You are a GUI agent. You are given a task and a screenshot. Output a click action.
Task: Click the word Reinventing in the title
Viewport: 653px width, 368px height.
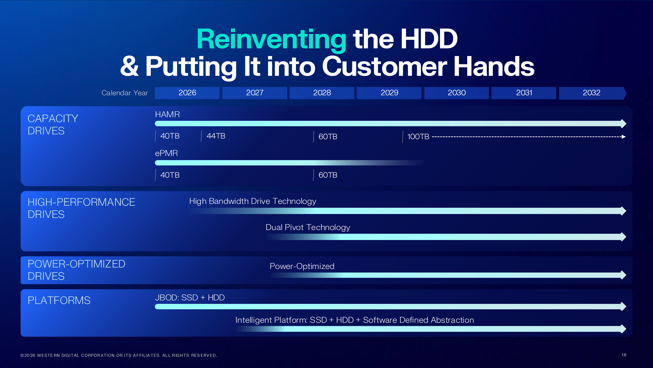(271, 40)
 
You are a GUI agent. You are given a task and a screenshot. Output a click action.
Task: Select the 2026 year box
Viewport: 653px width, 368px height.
(187, 93)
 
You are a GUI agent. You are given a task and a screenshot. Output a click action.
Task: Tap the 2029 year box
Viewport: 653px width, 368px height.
(389, 93)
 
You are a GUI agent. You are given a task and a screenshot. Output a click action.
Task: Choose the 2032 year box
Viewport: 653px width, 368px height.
(591, 93)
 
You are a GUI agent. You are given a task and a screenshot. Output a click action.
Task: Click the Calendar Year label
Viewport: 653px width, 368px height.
(124, 93)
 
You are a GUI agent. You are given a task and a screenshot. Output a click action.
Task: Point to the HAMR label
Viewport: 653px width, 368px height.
(167, 114)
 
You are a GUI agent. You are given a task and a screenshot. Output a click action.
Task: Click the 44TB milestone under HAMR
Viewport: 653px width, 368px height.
(216, 136)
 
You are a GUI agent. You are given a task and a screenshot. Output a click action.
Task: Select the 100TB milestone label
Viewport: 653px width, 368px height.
(418, 137)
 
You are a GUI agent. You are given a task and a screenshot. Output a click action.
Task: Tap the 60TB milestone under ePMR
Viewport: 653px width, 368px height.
(328, 175)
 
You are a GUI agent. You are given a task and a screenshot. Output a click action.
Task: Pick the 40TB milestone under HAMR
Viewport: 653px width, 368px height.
(170, 136)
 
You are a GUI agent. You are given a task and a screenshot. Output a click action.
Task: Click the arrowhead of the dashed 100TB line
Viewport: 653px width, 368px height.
(624, 137)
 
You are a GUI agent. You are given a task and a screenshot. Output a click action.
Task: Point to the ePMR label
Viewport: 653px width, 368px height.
(166, 153)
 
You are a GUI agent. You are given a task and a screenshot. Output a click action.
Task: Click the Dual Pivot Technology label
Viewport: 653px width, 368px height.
(308, 227)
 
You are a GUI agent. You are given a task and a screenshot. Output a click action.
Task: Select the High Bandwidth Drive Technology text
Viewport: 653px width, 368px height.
(253, 201)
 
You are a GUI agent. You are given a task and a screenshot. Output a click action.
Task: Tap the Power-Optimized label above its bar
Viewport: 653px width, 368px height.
(302, 266)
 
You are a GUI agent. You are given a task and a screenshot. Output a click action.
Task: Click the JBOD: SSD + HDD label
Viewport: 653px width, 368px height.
(190, 298)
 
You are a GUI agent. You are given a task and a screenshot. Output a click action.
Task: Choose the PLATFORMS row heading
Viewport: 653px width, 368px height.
(59, 301)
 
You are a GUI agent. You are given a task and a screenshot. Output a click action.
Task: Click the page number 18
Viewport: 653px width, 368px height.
(624, 355)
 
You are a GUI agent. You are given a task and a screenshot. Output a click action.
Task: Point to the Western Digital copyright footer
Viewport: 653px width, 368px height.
(119, 355)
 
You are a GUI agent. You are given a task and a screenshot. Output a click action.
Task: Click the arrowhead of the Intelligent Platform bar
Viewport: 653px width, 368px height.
(623, 329)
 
